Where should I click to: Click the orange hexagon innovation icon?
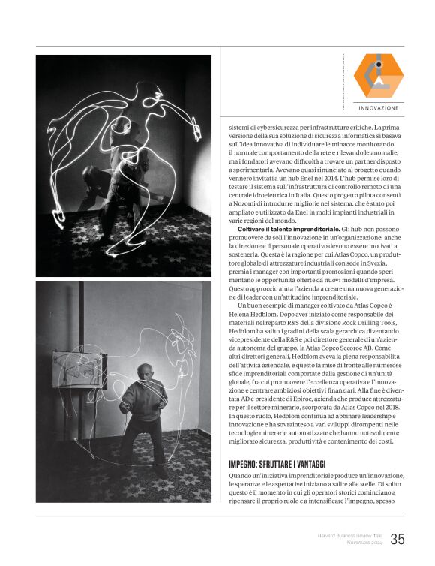[379, 75]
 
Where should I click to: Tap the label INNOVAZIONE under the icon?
[379, 108]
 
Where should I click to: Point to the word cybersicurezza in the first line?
[286, 128]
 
